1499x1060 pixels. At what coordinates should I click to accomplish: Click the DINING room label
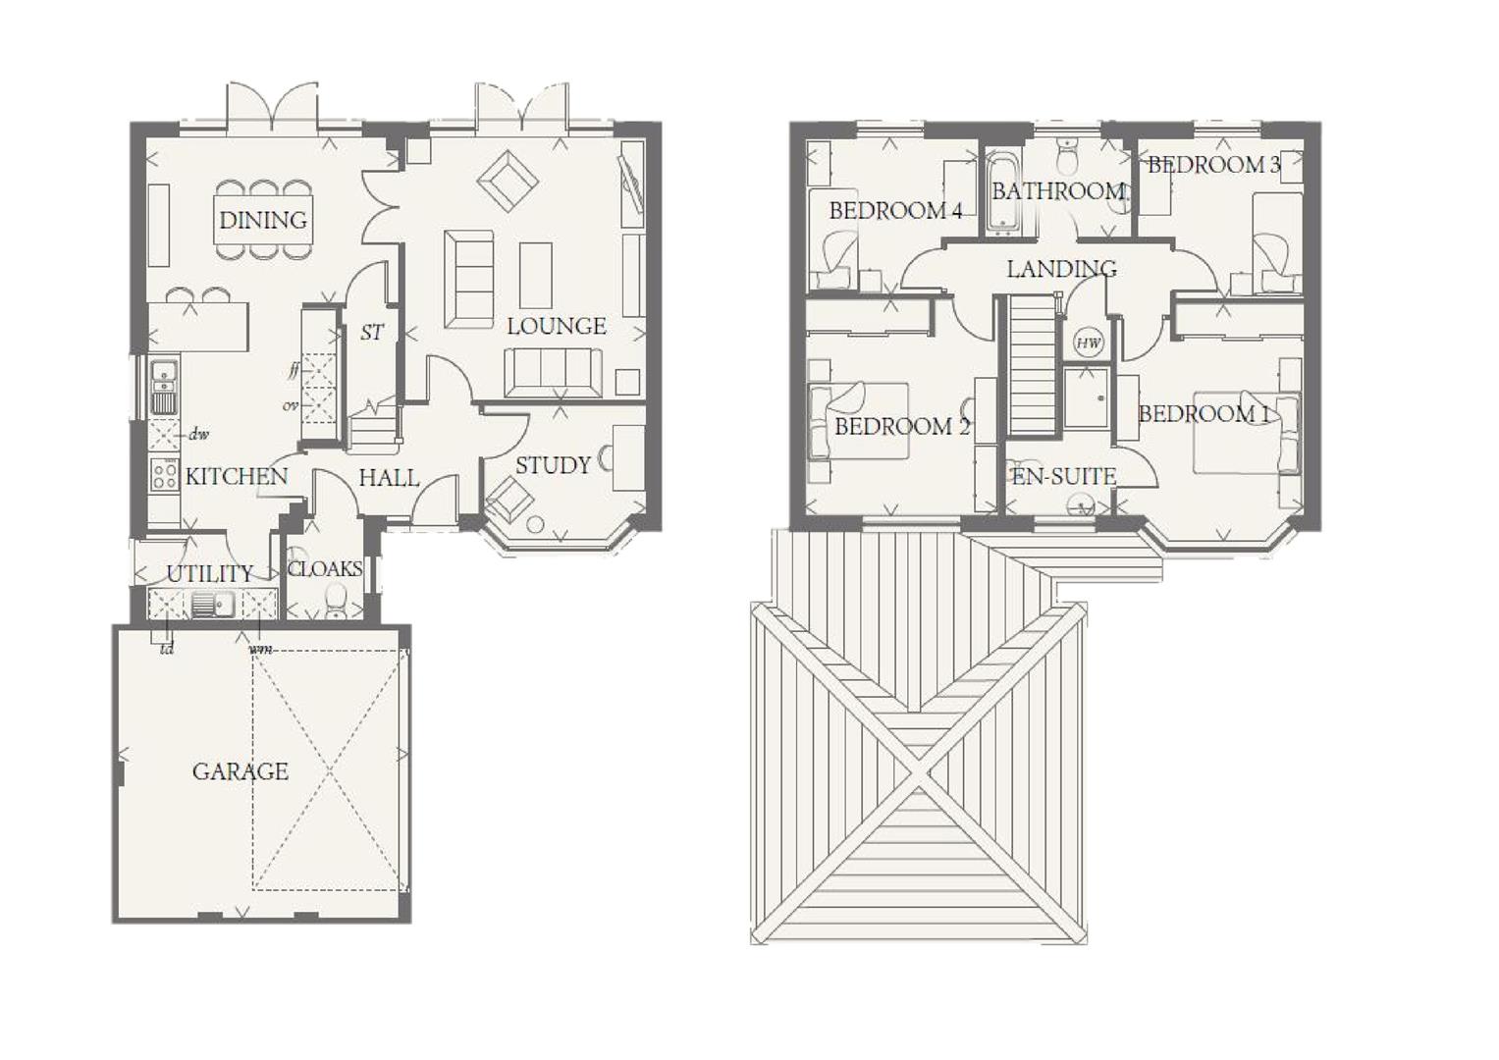point(262,220)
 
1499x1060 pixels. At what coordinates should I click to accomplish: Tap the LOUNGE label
point(556,326)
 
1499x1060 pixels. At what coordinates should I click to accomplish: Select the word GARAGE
point(241,771)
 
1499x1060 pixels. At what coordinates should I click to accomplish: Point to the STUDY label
point(553,465)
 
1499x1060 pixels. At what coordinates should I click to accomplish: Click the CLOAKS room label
point(325,569)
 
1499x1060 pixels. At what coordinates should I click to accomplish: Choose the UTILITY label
point(209,573)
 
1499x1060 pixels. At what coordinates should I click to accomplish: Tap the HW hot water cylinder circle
point(1088,343)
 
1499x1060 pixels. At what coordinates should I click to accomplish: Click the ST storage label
point(371,333)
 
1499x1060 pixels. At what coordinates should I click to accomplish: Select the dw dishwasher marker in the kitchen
point(199,434)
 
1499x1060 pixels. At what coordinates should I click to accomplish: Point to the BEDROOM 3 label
point(1213,165)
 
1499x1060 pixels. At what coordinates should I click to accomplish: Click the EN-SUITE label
point(1064,477)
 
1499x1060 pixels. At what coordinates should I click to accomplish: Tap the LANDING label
point(1061,268)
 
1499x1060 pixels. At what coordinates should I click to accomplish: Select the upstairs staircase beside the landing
point(1031,365)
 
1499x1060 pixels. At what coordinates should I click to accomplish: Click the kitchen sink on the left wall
point(163,387)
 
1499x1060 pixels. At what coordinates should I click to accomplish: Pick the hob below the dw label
point(164,474)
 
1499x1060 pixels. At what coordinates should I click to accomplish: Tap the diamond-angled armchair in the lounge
point(508,181)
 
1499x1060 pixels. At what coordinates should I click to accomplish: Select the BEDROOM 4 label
point(894,210)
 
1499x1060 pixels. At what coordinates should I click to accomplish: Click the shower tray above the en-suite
point(1086,397)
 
